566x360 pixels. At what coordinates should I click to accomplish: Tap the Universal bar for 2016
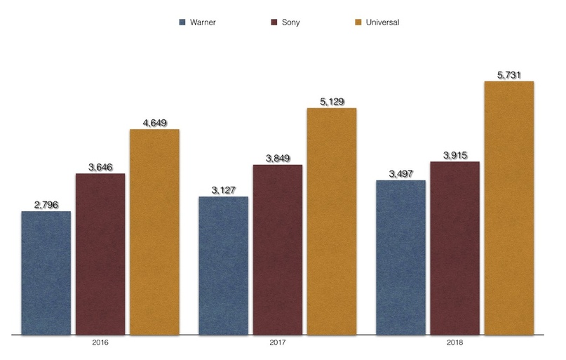click(154, 231)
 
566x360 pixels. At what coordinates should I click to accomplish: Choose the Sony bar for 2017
click(278, 249)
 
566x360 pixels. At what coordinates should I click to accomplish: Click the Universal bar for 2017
click(332, 220)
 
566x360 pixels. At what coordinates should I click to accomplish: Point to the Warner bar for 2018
click(400, 257)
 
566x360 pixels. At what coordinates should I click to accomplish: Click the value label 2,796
click(46, 205)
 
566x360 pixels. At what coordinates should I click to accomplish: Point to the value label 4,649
click(154, 124)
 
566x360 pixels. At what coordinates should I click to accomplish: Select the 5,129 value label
click(332, 102)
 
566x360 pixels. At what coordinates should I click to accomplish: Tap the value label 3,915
click(455, 155)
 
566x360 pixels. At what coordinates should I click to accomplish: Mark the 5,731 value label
click(509, 75)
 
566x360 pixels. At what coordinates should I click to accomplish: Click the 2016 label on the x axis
click(100, 345)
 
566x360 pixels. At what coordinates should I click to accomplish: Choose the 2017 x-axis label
click(278, 345)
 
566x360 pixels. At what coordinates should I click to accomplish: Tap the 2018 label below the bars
click(455, 345)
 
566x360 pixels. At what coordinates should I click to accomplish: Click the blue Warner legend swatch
click(184, 22)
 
